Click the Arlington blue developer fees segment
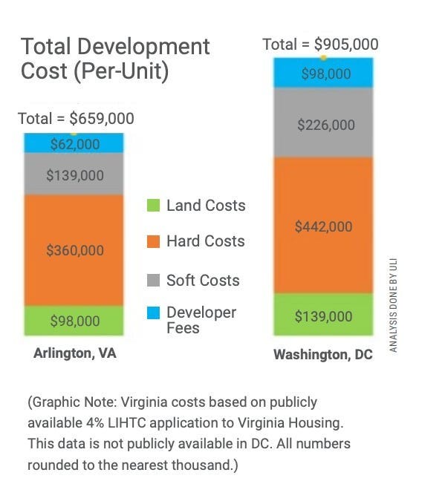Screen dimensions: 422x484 (74, 143)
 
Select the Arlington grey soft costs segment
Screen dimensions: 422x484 (74, 174)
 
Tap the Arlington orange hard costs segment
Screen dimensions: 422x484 (74, 250)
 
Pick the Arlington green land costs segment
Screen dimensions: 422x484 (74, 321)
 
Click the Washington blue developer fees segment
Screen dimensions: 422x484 (323, 73)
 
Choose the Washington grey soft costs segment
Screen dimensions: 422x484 (323, 122)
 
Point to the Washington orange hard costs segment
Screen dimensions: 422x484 (323, 226)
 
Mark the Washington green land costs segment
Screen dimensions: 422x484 (323, 314)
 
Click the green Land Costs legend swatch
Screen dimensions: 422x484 (154, 206)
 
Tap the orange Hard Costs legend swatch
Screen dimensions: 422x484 (154, 241)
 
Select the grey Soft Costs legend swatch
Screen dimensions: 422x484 (154, 281)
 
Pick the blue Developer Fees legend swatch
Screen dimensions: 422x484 (154, 313)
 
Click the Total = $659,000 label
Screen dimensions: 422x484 (76, 119)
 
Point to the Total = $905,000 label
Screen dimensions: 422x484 (320, 45)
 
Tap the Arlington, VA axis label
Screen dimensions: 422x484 (75, 353)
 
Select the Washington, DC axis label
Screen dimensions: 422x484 (323, 354)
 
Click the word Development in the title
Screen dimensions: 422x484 (143, 47)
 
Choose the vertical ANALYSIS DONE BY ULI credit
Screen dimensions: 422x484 (393, 305)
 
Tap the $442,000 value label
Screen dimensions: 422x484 (323, 226)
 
